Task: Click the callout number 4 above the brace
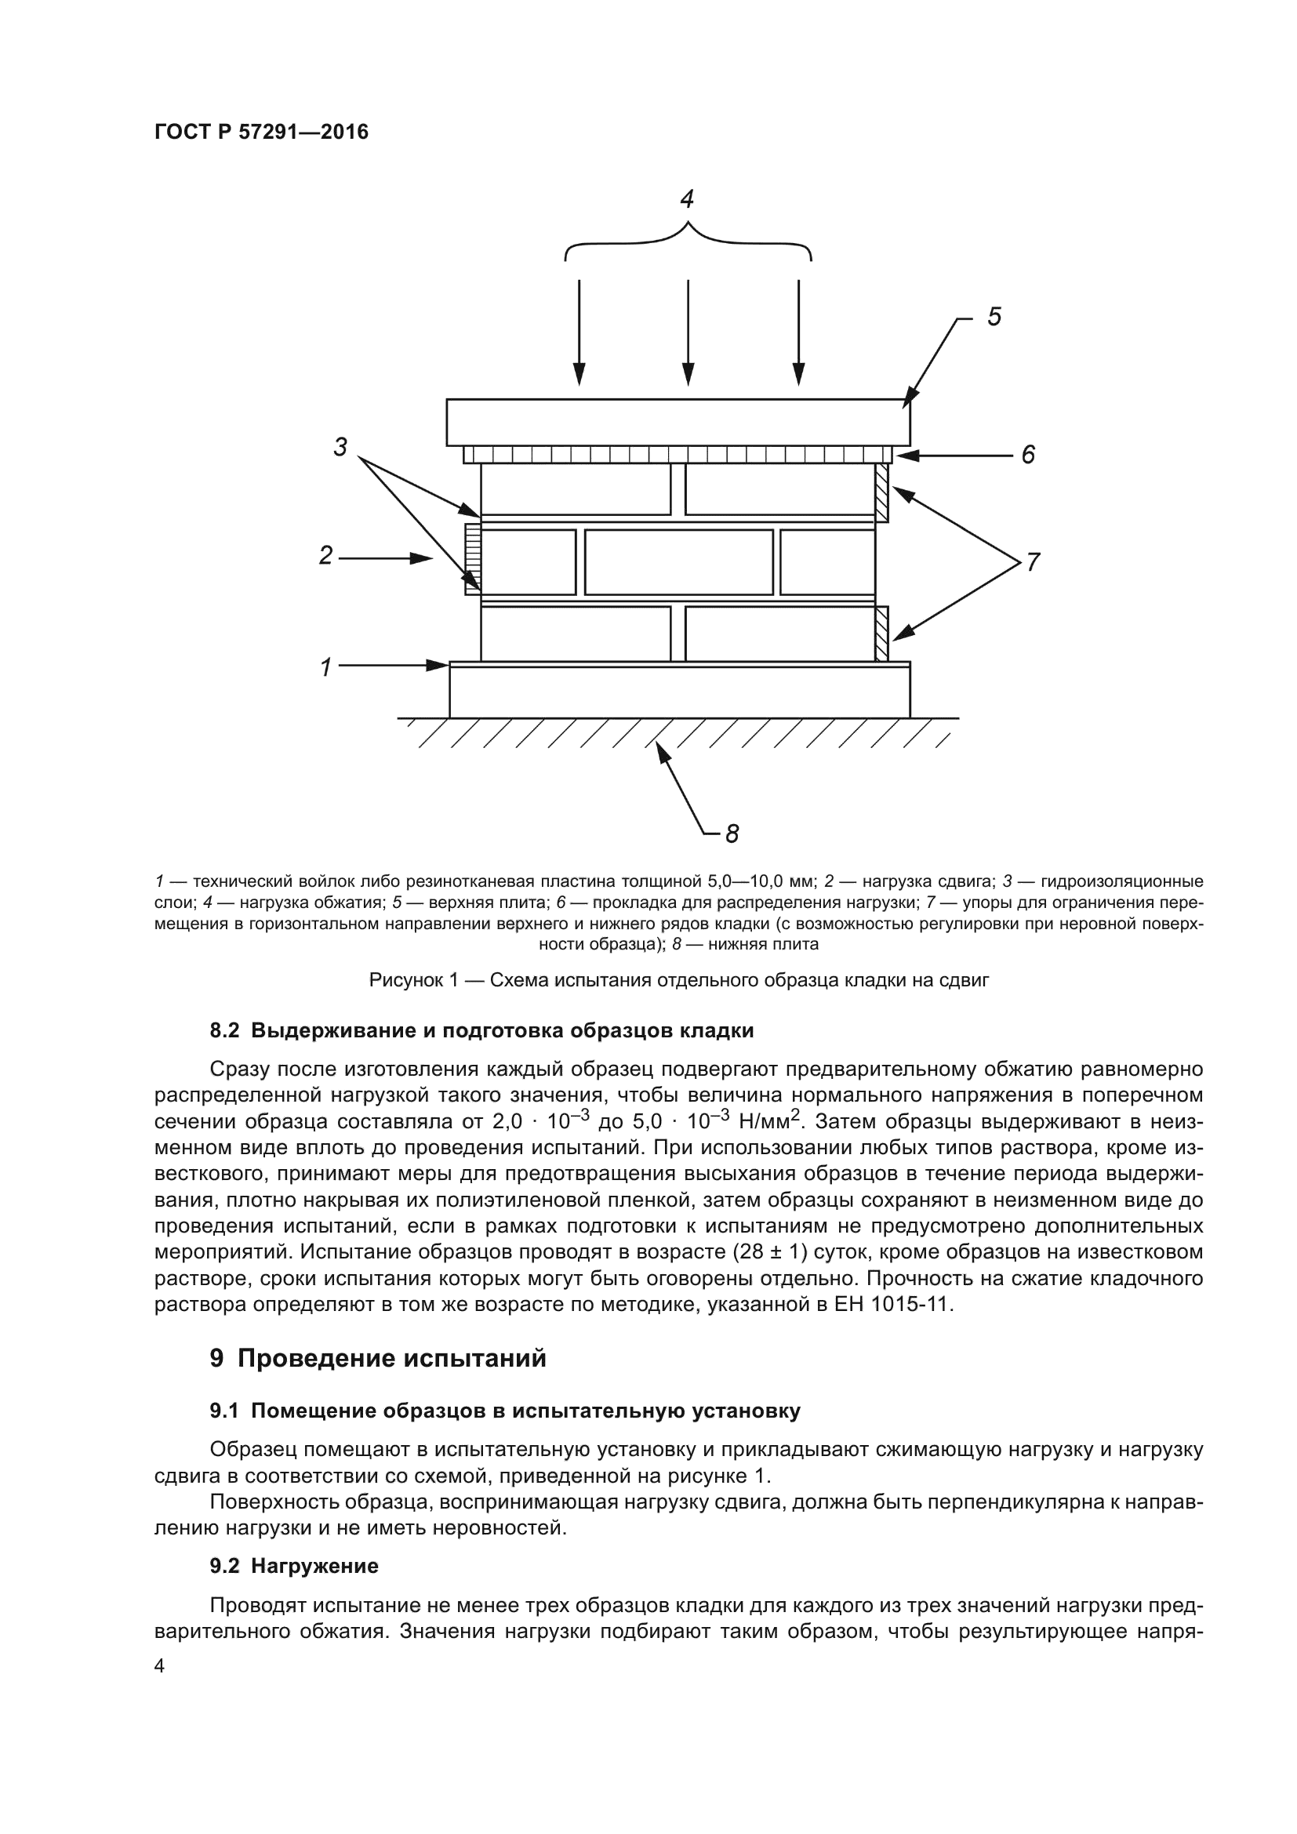(687, 198)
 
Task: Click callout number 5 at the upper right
(994, 317)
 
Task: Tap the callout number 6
(1028, 455)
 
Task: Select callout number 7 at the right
(1033, 562)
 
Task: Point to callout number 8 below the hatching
(732, 834)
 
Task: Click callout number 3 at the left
(340, 447)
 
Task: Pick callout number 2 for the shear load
(325, 555)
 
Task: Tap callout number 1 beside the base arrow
(326, 666)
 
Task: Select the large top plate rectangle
(678, 422)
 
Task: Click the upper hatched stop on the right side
(881, 493)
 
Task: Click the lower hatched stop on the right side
(881, 634)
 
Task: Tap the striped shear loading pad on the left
(473, 558)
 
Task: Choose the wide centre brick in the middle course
(678, 562)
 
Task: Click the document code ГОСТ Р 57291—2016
(261, 133)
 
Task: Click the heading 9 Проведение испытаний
(378, 1358)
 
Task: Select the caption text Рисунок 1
(679, 980)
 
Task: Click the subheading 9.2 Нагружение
(294, 1566)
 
